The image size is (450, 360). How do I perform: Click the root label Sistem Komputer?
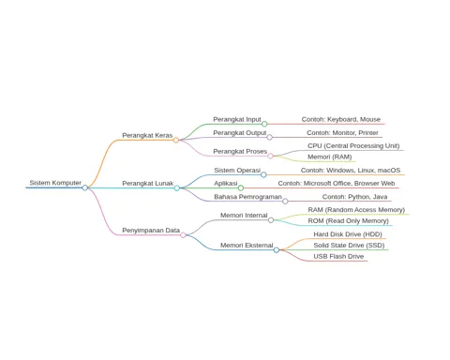pos(55,183)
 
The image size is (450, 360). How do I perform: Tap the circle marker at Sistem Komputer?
pos(85,187)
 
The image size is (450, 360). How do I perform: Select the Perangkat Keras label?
pos(147,135)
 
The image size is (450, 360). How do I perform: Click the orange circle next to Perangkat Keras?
pos(176,140)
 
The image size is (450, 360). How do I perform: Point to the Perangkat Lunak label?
pos(147,183)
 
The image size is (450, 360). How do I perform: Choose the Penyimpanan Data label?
pos(151,231)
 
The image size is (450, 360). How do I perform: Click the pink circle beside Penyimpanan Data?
pos(183,235)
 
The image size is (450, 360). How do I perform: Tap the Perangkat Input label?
pos(237,119)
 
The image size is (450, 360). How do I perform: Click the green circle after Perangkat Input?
pos(264,124)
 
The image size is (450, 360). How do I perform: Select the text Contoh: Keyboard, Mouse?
pos(341,119)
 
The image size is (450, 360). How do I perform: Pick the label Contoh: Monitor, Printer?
pos(342,133)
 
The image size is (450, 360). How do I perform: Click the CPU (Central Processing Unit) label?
pos(353,146)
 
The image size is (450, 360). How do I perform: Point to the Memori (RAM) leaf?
pos(330,157)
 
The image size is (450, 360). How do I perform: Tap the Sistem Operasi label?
pos(237,171)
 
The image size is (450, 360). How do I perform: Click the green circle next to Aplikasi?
pos(241,187)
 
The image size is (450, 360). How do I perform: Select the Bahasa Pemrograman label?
pos(247,197)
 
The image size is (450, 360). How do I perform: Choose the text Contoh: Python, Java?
pos(354,197)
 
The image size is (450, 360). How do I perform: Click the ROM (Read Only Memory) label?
pos(348,221)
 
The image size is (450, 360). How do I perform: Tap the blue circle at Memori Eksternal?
pos(277,250)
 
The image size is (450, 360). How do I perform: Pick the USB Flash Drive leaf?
pos(338,256)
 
